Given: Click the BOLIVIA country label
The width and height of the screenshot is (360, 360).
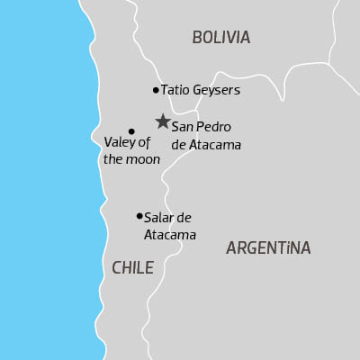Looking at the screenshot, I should click(x=220, y=38).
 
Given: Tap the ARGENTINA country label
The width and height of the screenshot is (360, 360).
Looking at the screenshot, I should click(x=268, y=247).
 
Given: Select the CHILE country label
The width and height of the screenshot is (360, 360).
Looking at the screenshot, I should click(x=132, y=267).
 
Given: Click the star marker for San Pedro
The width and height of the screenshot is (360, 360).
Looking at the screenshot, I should click(x=162, y=121).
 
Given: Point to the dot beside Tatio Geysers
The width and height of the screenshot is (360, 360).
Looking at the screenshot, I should click(x=156, y=90).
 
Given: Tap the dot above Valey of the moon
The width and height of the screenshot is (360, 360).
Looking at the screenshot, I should click(x=131, y=131).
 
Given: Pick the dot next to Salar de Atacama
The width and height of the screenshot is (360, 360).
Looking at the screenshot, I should click(x=139, y=216).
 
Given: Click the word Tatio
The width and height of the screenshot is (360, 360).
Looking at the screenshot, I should click(x=175, y=90).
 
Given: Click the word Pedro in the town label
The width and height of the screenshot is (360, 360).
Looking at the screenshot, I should click(x=212, y=127).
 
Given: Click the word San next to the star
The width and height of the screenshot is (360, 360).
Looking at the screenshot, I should click(x=183, y=127).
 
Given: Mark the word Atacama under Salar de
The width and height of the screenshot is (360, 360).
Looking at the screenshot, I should click(x=170, y=234).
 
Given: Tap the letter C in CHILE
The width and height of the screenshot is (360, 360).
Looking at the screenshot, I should click(x=117, y=267).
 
